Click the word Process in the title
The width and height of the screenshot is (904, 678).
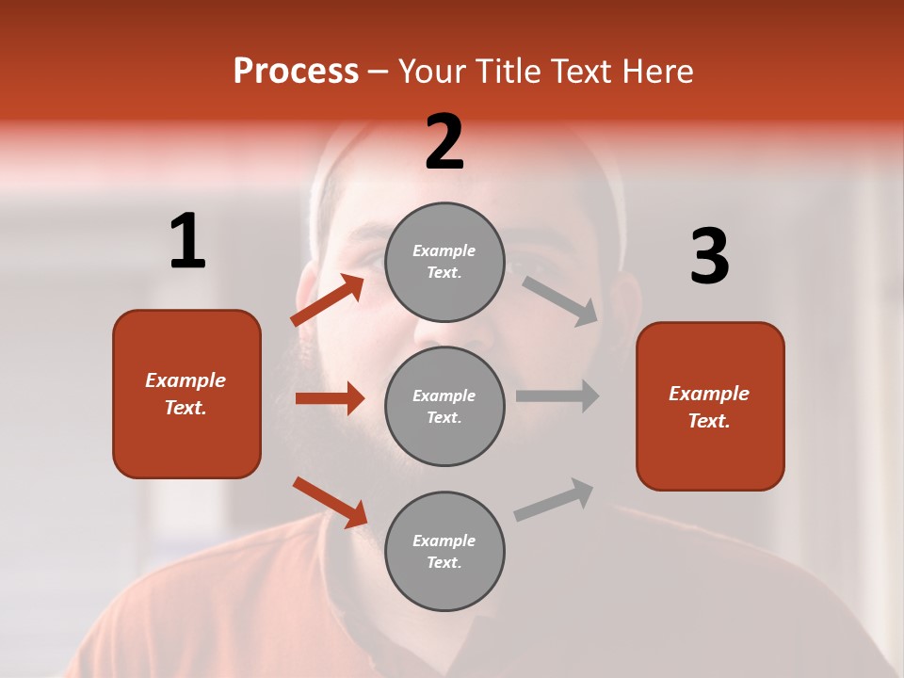pyautogui.click(x=296, y=71)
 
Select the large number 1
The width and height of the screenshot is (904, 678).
pyautogui.click(x=187, y=242)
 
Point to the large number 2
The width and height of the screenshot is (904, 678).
pyautogui.click(x=444, y=142)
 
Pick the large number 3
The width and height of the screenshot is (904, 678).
pyautogui.click(x=709, y=257)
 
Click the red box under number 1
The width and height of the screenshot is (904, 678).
pyautogui.click(x=186, y=394)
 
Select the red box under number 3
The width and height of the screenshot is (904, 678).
pyautogui.click(x=710, y=406)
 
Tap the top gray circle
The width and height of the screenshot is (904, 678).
pyautogui.click(x=444, y=262)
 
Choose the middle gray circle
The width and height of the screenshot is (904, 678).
pyautogui.click(x=444, y=406)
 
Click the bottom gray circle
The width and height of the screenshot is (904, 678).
pyautogui.click(x=444, y=551)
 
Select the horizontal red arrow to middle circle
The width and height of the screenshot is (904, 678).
pyautogui.click(x=330, y=398)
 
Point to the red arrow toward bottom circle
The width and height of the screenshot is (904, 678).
pyautogui.click(x=330, y=502)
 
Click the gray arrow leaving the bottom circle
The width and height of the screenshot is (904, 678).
pyautogui.click(x=554, y=499)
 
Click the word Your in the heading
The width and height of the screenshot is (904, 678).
pyautogui.click(x=432, y=71)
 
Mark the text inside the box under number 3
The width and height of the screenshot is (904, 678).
pyautogui.click(x=709, y=407)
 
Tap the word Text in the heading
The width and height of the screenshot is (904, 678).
pyautogui.click(x=581, y=71)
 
